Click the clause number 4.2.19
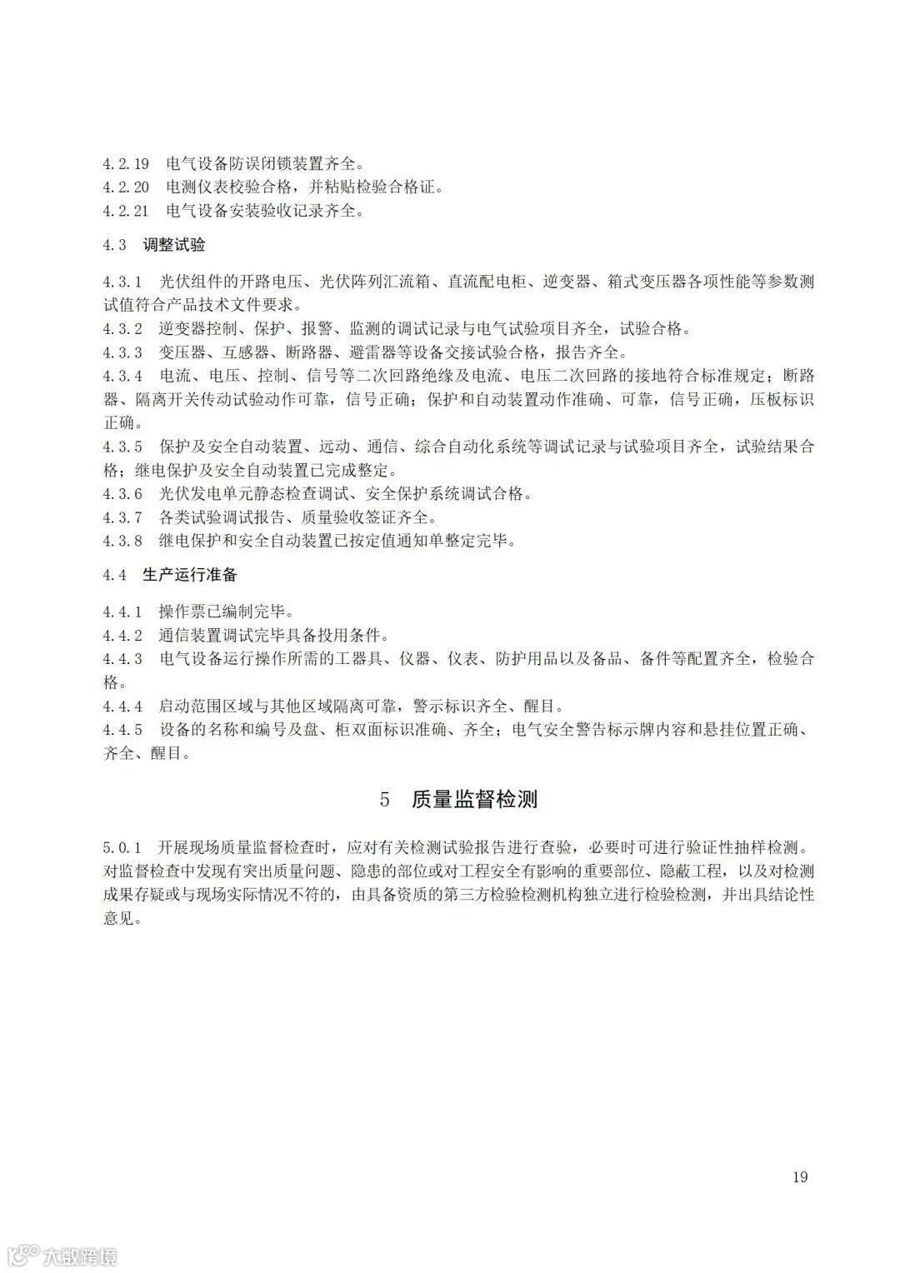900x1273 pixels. click(x=126, y=163)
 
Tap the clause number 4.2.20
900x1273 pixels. click(x=126, y=187)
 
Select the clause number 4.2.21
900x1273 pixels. click(x=126, y=212)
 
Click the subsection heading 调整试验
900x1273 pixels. click(x=173, y=245)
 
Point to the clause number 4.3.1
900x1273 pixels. click(x=122, y=281)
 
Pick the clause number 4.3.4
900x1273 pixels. click(x=122, y=375)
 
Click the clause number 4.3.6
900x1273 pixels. click(x=122, y=494)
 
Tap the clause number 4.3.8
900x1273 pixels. click(x=122, y=541)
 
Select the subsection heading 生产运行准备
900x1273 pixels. click(x=190, y=575)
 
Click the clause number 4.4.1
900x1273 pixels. click(x=122, y=612)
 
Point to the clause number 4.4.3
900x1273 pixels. click(x=122, y=659)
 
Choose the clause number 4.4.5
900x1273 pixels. click(x=122, y=731)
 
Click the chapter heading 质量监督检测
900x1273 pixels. click(x=474, y=800)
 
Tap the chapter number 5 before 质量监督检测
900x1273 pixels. click(x=384, y=800)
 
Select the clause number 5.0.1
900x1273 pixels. click(x=122, y=848)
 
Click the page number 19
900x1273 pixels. click(x=800, y=1177)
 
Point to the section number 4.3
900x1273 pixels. click(x=115, y=245)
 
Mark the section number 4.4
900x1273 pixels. click(x=115, y=575)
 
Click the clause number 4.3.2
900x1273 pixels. click(x=122, y=328)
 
